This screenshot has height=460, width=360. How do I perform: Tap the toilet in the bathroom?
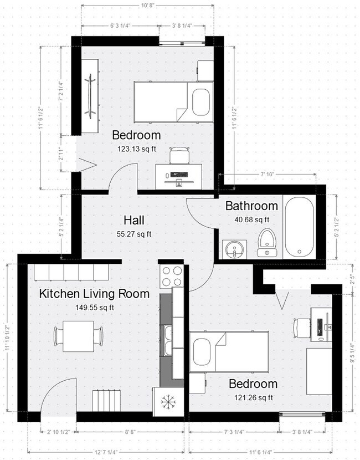(267, 243)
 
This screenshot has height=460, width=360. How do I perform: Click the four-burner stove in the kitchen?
(171, 275)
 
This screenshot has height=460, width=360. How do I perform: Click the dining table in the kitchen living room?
(78, 336)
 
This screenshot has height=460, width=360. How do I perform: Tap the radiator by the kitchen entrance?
(106, 400)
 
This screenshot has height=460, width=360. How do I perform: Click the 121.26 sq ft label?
(253, 397)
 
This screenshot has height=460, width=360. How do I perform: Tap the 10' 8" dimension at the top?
(147, 6)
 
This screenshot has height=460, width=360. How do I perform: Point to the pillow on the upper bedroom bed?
(200, 101)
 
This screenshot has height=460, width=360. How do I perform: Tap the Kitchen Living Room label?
(94, 294)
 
